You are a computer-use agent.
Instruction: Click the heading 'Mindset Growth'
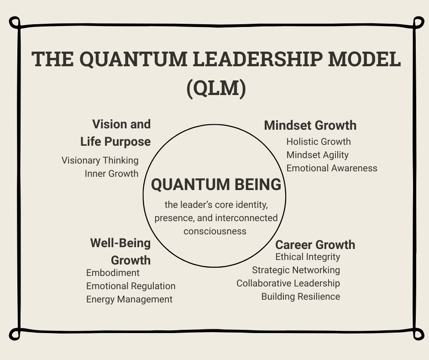[310, 125]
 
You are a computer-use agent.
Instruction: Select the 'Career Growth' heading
[315, 244]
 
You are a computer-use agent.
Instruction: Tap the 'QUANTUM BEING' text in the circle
[216, 185]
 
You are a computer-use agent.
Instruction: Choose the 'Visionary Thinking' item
[100, 160]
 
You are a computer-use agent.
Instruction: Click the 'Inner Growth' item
[111, 174]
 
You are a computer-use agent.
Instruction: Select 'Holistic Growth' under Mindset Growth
[319, 142]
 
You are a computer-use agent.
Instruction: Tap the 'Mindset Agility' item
[318, 155]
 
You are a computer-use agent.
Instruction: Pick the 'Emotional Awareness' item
[332, 168]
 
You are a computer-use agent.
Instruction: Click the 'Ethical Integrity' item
[308, 257]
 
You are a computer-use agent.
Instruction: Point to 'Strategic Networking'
[296, 270]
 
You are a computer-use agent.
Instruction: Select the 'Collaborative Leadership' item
[288, 283]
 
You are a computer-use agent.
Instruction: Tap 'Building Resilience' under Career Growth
[300, 296]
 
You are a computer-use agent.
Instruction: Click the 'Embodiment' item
[113, 273]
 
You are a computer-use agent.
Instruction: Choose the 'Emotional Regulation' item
[131, 286]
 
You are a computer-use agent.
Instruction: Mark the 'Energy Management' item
[129, 299]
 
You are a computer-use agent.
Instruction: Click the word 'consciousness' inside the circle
[215, 231]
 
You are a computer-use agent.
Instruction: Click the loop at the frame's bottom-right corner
[418, 334]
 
